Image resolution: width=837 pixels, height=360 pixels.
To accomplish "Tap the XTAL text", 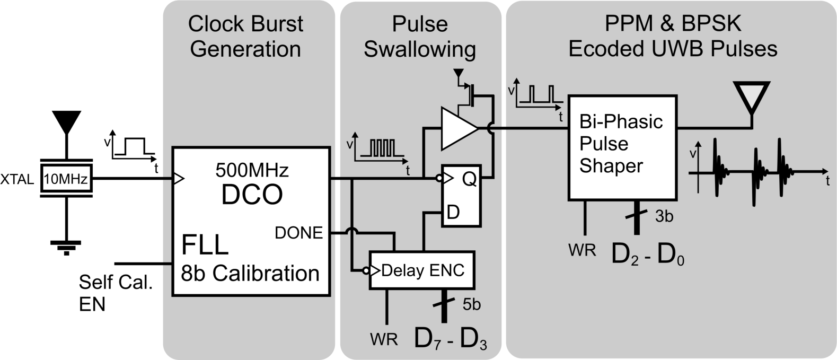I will tap(18, 179).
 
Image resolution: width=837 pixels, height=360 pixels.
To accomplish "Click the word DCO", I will tap(252, 195).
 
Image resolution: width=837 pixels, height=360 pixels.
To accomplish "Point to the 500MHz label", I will tap(252, 171).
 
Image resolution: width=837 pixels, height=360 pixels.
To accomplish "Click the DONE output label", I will tap(298, 233).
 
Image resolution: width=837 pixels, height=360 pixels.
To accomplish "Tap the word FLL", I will tap(205, 245).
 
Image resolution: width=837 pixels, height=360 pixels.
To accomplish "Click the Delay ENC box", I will tap(422, 270).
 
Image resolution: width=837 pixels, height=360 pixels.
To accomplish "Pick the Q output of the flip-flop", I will tap(469, 180).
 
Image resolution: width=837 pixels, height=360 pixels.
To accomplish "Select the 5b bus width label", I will tap(471, 305).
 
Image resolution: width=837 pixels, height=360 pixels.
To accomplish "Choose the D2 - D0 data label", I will tap(647, 255).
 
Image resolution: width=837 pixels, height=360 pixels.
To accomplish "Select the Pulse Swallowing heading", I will tap(420, 37).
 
